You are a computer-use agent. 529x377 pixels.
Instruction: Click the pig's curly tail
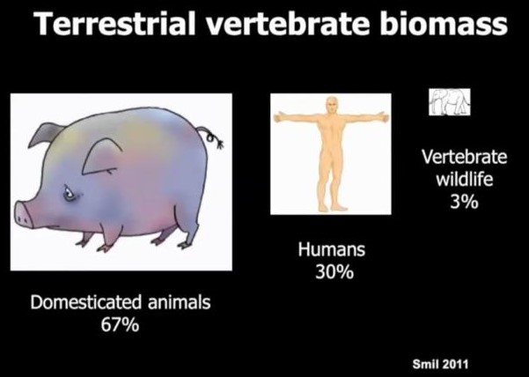pos(211,138)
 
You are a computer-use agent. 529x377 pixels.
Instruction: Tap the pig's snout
pos(24,214)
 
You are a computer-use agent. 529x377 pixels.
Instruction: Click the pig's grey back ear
pos(47,134)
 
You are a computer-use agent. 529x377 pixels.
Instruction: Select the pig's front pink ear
pos(100,157)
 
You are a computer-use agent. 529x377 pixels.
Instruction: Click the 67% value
pos(120,325)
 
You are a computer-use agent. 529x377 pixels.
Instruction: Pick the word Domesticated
pos(86,302)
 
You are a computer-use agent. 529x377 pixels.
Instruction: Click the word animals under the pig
pos(180,302)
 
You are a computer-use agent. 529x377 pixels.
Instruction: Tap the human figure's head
pos(332,106)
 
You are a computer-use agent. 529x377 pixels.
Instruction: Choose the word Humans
pos(331,250)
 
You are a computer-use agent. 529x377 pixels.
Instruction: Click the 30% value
pos(334,272)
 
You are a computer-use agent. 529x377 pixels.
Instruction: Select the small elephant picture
pos(450,102)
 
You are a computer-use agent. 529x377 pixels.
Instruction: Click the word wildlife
pos(464,179)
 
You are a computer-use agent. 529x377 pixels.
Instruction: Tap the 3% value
pos(464,202)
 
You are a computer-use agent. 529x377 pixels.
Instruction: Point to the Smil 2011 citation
pos(440,364)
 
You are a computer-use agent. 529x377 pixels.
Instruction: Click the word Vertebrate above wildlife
pos(464,157)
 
